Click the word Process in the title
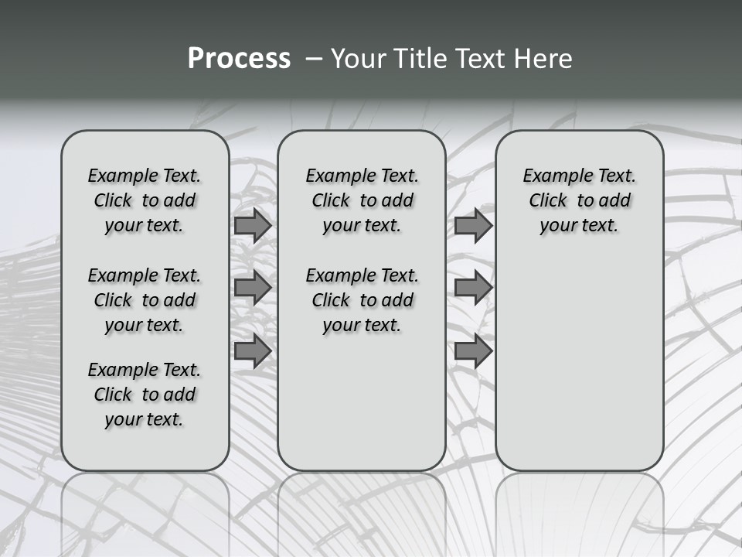(239, 58)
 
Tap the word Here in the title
(543, 58)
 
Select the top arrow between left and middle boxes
(253, 225)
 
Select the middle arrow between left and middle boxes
(253, 288)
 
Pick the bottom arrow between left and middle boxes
(253, 351)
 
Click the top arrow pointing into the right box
(473, 225)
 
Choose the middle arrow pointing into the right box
(473, 288)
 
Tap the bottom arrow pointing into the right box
(473, 351)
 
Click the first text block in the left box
(145, 200)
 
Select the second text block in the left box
(145, 300)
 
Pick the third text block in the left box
(145, 395)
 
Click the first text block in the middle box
(362, 200)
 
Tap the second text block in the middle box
(362, 300)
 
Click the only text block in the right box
(580, 200)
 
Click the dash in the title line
(312, 59)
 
